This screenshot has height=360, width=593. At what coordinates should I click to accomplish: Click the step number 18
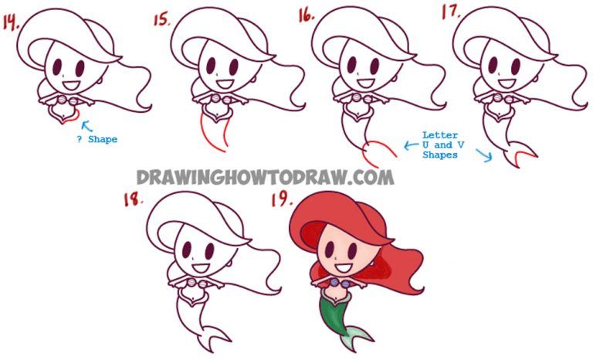pyautogui.click(x=133, y=200)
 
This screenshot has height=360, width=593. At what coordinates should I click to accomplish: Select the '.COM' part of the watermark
pyautogui.click(x=368, y=177)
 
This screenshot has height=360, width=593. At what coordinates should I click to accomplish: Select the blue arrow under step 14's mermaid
pyautogui.click(x=86, y=124)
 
